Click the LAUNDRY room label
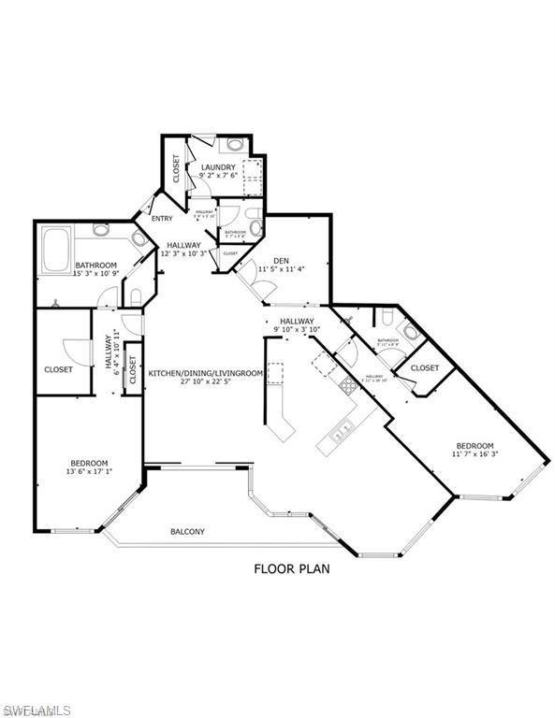point(217,168)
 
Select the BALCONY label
point(187,532)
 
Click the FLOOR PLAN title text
point(292,567)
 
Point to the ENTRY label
point(161,219)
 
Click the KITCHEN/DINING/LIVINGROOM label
point(206,373)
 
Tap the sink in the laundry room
point(235,146)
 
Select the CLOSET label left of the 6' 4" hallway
point(59,369)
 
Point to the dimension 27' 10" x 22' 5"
point(206,382)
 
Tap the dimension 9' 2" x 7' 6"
point(217,178)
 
